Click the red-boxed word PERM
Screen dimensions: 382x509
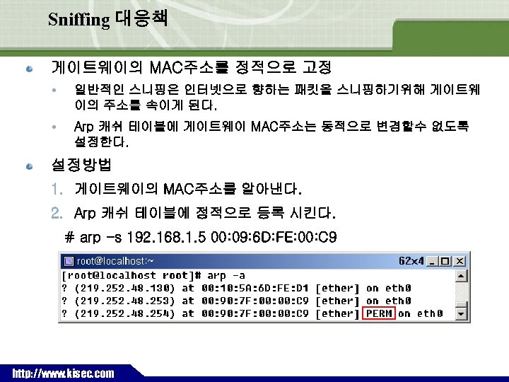point(379,313)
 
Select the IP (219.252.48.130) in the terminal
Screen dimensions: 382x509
point(123,288)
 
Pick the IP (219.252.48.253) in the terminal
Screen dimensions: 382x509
point(123,301)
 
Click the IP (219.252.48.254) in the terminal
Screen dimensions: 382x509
point(123,313)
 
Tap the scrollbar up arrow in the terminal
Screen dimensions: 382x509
point(461,275)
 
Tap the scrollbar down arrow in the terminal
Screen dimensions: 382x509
point(461,313)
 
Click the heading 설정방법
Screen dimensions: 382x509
point(81,166)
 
